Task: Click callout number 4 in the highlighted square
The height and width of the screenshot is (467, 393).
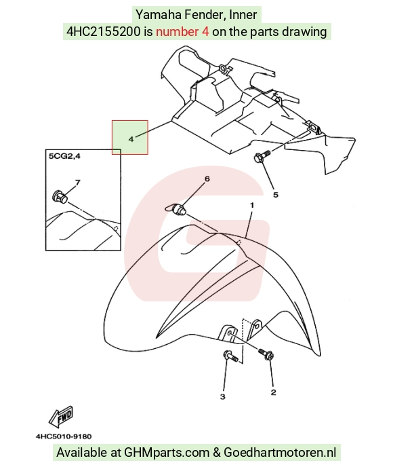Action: (131, 139)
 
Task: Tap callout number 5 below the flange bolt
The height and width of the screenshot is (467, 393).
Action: (276, 195)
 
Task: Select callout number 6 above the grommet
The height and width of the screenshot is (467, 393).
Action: (207, 179)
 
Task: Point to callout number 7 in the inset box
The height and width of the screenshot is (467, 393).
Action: (78, 183)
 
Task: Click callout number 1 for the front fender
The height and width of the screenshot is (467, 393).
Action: (252, 205)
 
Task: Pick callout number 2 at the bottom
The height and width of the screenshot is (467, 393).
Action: (273, 392)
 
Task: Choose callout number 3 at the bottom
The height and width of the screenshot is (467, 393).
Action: (223, 396)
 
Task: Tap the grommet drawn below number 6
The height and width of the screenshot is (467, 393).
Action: (176, 208)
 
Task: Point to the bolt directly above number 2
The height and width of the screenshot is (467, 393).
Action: (266, 354)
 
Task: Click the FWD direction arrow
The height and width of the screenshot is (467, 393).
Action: (61, 415)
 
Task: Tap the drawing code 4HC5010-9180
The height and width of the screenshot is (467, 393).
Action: (64, 436)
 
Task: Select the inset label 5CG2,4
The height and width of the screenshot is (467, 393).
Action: (64, 155)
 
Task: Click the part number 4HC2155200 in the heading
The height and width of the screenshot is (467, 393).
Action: (103, 31)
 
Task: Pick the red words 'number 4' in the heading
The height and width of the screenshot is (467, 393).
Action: (182, 31)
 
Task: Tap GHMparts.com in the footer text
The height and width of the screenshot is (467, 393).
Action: (167, 452)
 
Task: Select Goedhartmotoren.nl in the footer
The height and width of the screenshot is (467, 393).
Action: (280, 452)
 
